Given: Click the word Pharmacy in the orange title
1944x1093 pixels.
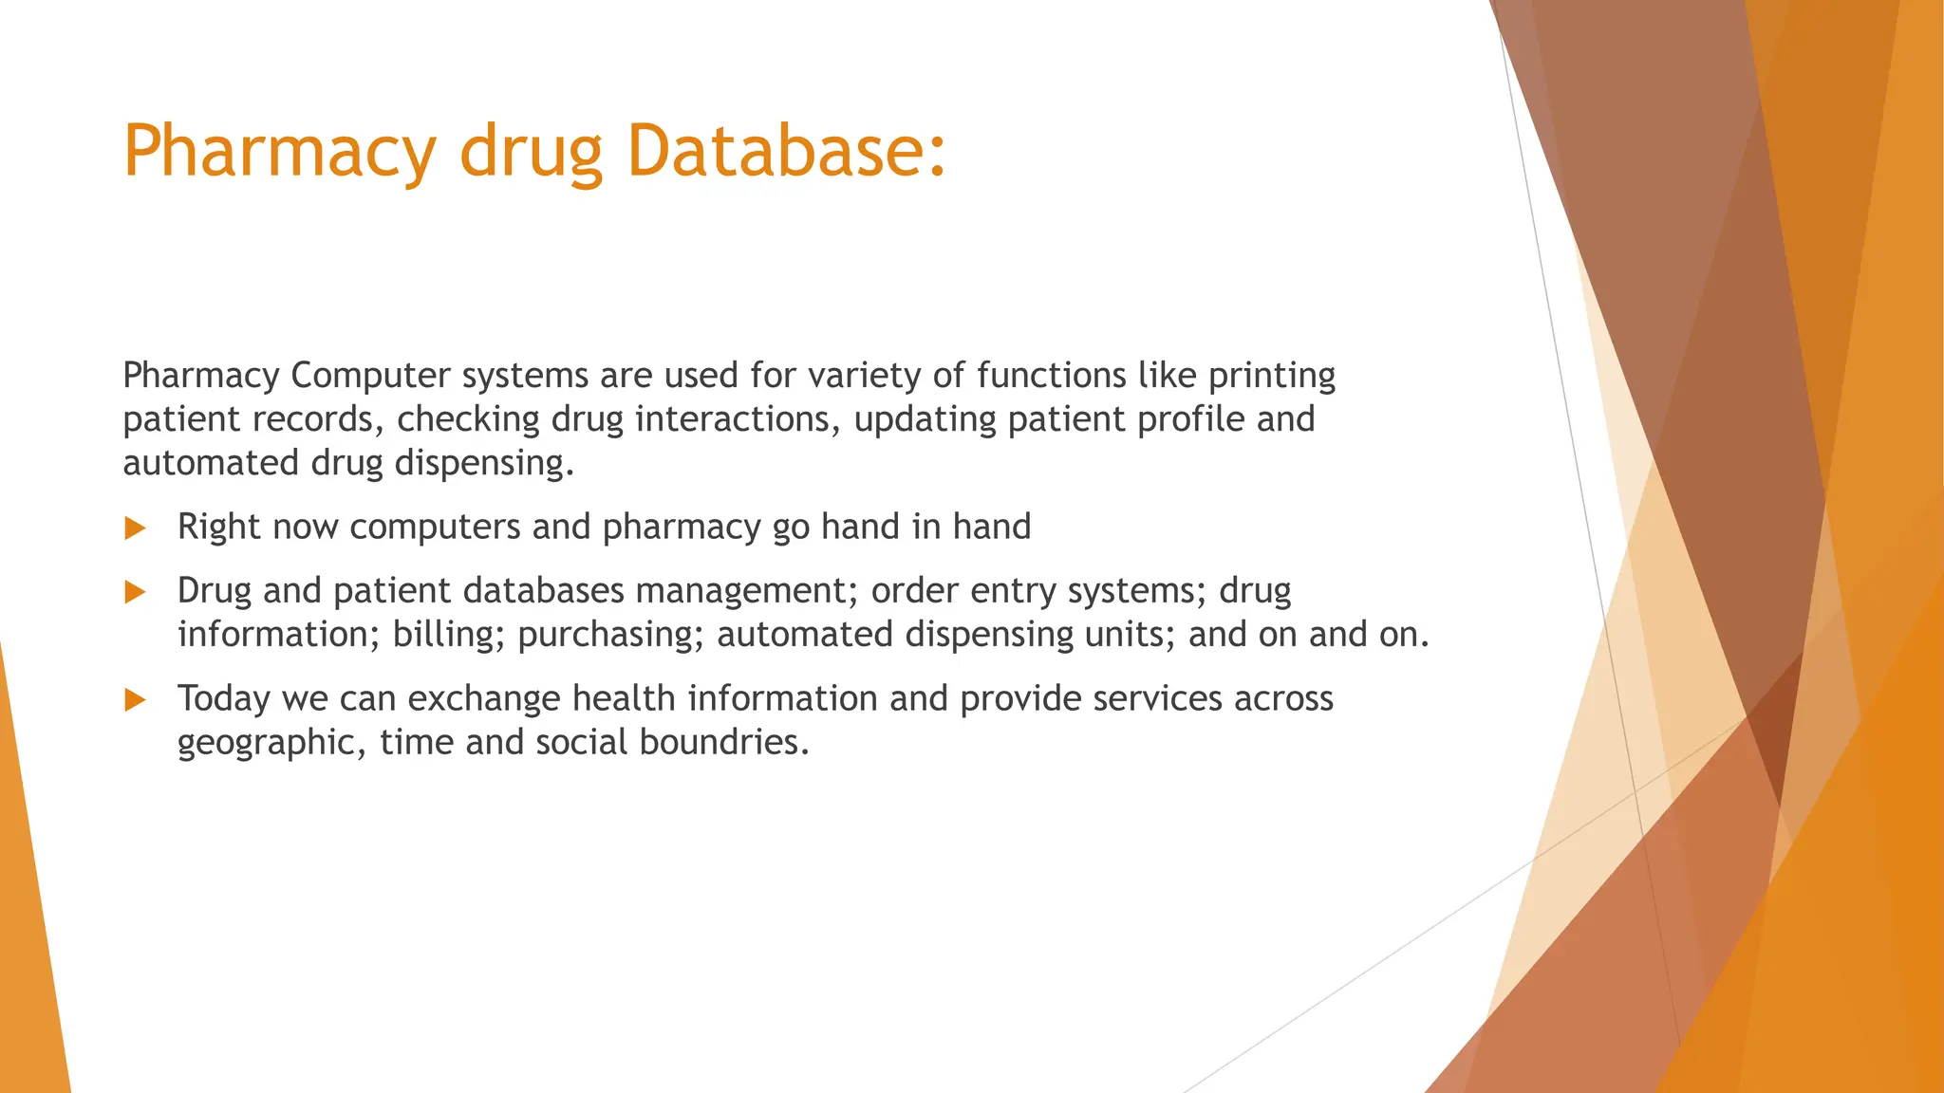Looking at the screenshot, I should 279,152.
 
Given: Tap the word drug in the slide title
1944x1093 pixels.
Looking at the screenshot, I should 531,152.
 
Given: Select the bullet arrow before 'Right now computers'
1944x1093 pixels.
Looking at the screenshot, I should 135,528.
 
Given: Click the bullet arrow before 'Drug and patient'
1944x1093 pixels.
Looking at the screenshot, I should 135,593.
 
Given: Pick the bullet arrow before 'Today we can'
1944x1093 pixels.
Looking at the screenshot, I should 135,701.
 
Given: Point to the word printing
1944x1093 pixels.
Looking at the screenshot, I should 1271,376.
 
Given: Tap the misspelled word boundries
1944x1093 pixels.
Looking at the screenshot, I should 723,743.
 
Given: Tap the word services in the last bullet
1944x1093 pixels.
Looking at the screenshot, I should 1157,699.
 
